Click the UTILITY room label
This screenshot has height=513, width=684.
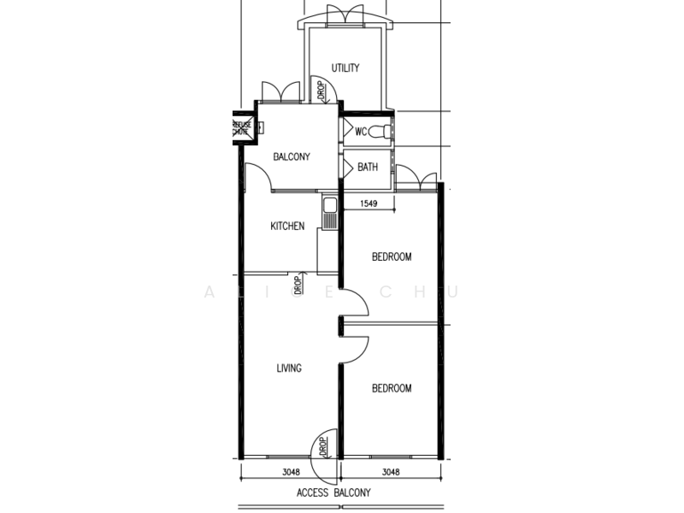point(345,68)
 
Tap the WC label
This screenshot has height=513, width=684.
point(361,132)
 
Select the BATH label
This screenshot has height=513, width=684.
point(368,168)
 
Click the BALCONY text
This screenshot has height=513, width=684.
point(291,157)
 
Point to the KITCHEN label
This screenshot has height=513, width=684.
point(287,227)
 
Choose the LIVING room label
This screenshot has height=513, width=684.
point(289,369)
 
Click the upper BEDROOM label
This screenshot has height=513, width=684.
point(392,256)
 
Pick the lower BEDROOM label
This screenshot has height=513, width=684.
point(392,388)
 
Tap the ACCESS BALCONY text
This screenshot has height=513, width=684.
point(333,493)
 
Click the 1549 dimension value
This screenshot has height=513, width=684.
point(369,203)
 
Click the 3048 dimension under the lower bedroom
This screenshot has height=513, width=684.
point(390,472)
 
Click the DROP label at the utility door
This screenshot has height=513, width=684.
point(319,90)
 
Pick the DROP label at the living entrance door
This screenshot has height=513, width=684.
point(323,445)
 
